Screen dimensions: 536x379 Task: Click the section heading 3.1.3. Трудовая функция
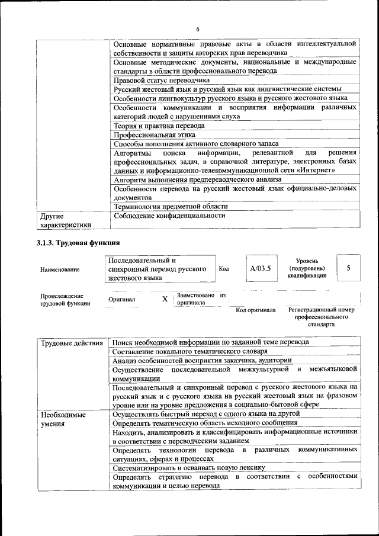pos(78,243)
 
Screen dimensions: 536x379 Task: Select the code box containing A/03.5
pos(260,268)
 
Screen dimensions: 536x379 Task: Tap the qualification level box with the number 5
pos(348,268)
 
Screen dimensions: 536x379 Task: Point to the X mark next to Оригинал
pos(165,299)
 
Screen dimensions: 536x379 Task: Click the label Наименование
pos(60,269)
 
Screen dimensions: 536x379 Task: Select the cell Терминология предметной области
pos(171,207)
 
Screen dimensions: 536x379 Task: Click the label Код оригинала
pos(255,310)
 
